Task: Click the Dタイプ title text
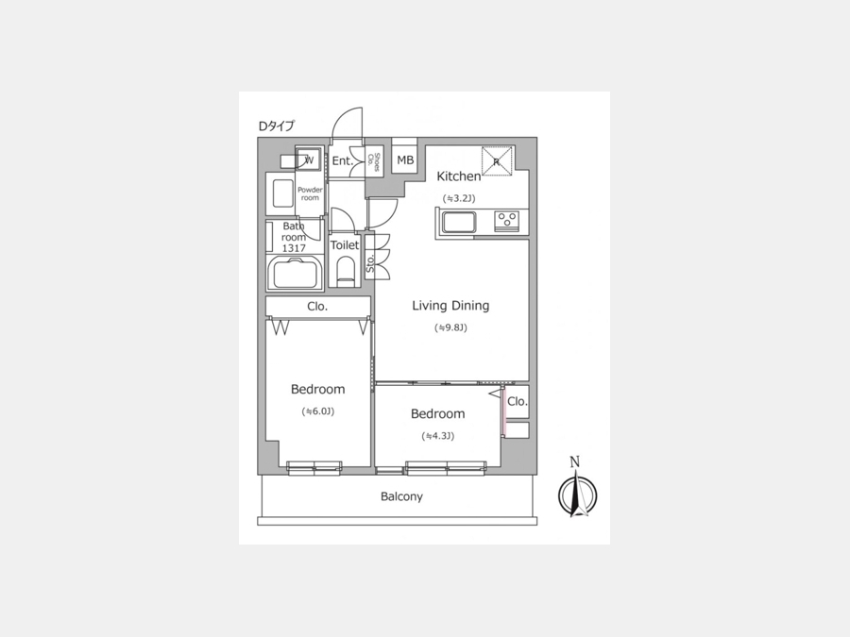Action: click(x=277, y=126)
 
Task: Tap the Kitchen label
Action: click(x=459, y=176)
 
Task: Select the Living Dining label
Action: click(x=450, y=306)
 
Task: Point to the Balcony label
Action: click(x=401, y=496)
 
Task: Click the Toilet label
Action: click(x=345, y=244)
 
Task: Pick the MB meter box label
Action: click(x=405, y=160)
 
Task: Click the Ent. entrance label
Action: click(x=343, y=160)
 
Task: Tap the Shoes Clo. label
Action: click(x=374, y=160)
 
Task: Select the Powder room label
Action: click(x=310, y=193)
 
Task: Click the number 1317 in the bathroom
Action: click(x=294, y=248)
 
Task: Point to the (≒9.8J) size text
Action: click(x=450, y=327)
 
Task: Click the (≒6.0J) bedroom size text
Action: click(x=317, y=411)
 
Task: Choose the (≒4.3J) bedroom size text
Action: click(x=438, y=436)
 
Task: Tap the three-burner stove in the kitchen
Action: click(x=507, y=221)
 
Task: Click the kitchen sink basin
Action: click(x=459, y=222)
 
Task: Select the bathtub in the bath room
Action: click(x=295, y=273)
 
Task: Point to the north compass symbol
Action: click(x=577, y=489)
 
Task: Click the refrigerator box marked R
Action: click(x=497, y=160)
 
